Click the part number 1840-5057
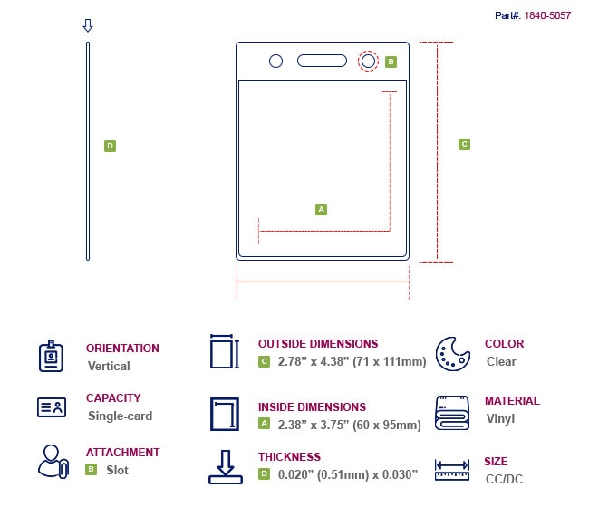tap(546, 15)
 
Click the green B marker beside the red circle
tap(391, 62)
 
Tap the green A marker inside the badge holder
tap(321, 209)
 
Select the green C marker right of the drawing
tap(464, 144)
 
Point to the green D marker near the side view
tap(110, 146)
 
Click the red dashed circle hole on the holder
tap(368, 61)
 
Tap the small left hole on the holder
tap(276, 61)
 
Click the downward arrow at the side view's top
tap(88, 26)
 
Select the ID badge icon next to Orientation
tap(52, 356)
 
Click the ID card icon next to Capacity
tap(52, 407)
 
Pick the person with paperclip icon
tap(53, 461)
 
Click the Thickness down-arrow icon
tap(224, 466)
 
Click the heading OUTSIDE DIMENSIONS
tap(318, 344)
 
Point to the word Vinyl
tap(500, 418)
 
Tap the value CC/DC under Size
tap(504, 479)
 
